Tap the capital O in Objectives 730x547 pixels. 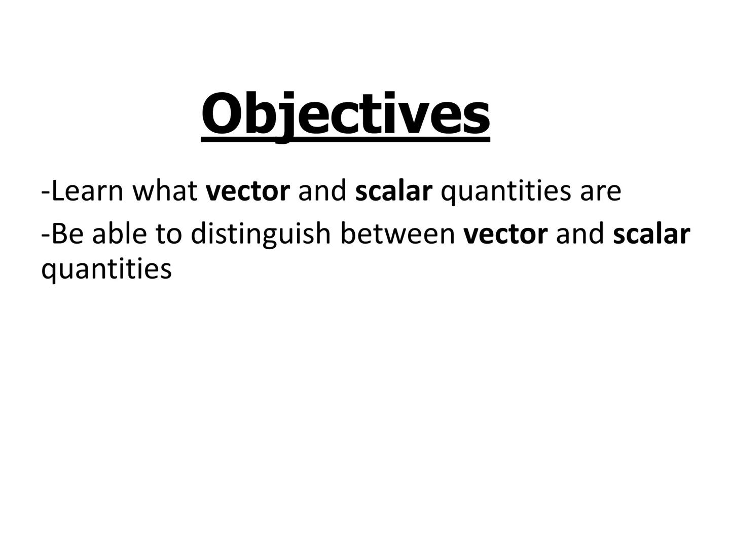coord(221,113)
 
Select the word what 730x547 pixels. coord(165,191)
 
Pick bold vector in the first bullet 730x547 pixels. coord(248,191)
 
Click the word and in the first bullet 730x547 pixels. coord(322,191)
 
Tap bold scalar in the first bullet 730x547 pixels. coord(394,191)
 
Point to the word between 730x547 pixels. coord(397,233)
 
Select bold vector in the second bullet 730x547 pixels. coord(505,234)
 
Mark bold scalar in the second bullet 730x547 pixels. coord(651,233)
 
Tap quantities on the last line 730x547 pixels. coord(106,269)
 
